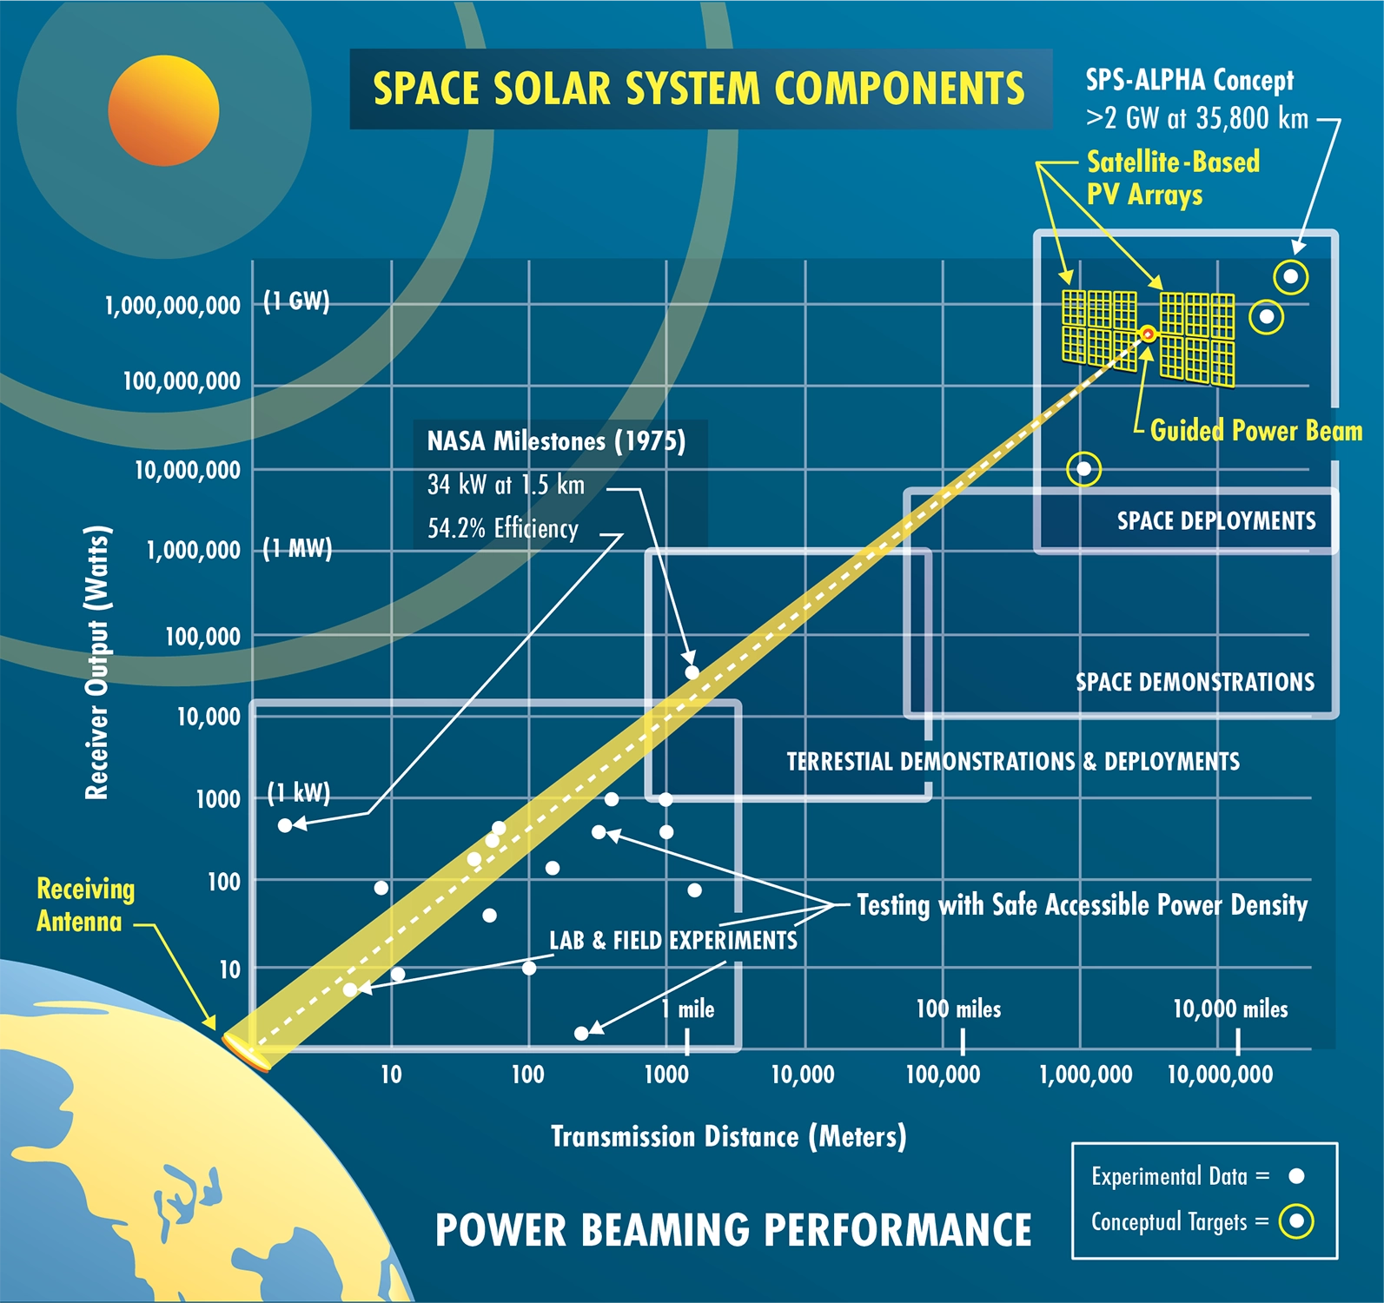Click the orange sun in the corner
coord(163,110)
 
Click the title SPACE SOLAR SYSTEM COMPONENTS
coord(699,89)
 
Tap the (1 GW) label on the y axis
coord(296,301)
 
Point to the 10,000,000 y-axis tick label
coord(187,470)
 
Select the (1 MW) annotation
coord(297,548)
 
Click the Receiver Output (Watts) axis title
coord(97,662)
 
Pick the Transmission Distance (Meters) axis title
coord(728,1136)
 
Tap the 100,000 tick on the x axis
coord(943,1075)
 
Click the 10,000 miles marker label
coord(1230,1009)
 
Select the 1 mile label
coord(688,1009)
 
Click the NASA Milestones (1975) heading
coord(556,441)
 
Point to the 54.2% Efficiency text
coord(502,528)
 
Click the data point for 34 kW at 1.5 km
coord(692,671)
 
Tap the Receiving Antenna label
coord(85,904)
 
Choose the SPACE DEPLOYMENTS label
coord(1216,520)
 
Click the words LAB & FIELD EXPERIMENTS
coord(672,940)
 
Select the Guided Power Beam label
coord(1255,430)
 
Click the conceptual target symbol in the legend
coord(1296,1221)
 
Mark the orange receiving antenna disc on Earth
coord(247,1052)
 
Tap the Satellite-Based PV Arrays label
coord(1172,177)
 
